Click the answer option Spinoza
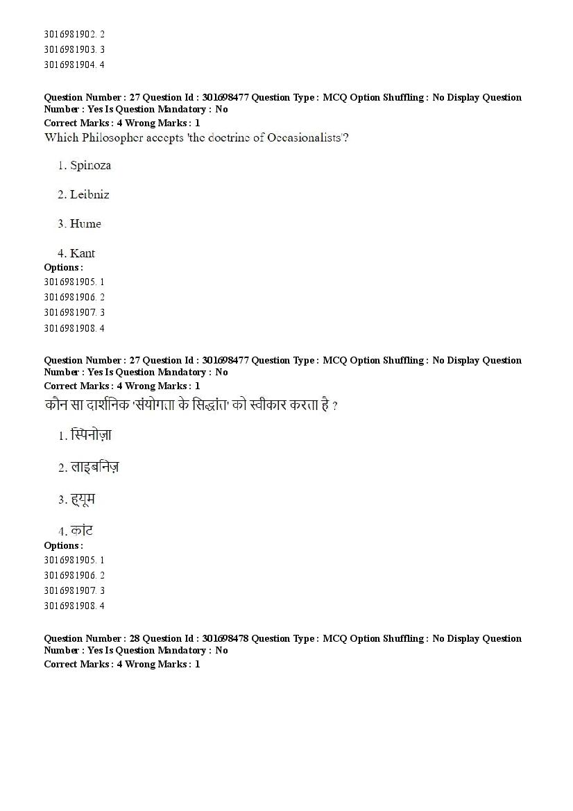click(x=90, y=166)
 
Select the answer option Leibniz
click(x=89, y=195)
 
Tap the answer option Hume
click(x=85, y=224)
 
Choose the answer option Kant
click(x=83, y=253)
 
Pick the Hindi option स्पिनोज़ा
click(x=91, y=436)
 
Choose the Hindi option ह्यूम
click(x=83, y=500)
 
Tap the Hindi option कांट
click(x=81, y=531)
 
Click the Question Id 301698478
click(x=226, y=638)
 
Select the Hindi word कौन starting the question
click(x=55, y=405)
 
